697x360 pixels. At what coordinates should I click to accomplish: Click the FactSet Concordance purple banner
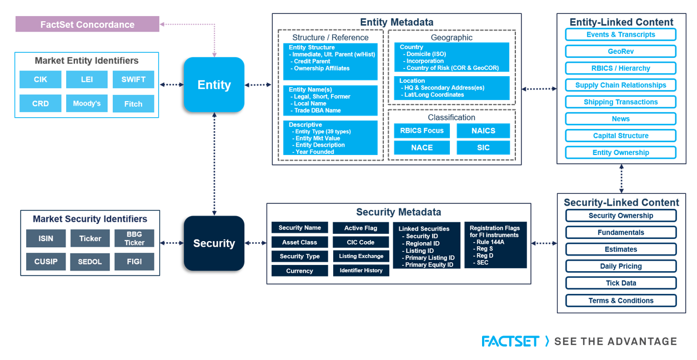[x=87, y=24]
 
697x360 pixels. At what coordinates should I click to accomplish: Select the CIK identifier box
[x=41, y=79]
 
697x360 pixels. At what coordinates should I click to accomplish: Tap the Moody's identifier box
[x=87, y=103]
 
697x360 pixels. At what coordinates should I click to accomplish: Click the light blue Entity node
[x=214, y=85]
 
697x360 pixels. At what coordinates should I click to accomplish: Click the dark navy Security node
[x=214, y=243]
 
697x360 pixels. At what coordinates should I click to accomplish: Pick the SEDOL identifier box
[x=90, y=262]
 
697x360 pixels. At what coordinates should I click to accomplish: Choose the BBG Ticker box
[x=134, y=238]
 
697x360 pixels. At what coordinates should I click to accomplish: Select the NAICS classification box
[x=483, y=131]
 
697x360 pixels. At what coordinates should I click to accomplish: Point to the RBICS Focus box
[x=422, y=131]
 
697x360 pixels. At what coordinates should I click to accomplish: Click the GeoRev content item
[x=620, y=51]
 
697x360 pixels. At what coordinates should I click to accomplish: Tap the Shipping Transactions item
[x=620, y=102]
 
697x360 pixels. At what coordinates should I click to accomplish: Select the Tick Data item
[x=621, y=283]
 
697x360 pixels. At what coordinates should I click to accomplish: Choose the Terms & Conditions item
[x=621, y=301]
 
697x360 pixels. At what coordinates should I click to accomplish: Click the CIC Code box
[x=360, y=242]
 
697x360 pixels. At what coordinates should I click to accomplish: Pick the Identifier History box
[x=360, y=271]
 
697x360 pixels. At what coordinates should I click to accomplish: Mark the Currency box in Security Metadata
[x=299, y=271]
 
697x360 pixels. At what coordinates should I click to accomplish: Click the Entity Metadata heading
[x=397, y=22]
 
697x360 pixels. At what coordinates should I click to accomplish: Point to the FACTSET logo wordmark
[x=510, y=341]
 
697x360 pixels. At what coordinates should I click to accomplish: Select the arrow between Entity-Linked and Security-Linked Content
[x=621, y=178]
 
